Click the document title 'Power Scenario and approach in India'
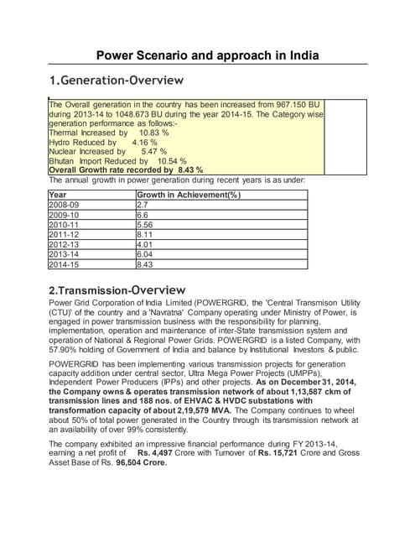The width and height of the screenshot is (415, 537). pyautogui.click(x=207, y=56)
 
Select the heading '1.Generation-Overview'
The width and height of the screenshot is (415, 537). pyautogui.click(x=116, y=81)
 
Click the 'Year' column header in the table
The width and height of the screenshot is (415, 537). pyautogui.click(x=59, y=195)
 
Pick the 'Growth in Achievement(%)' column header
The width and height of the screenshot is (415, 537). pyautogui.click(x=188, y=195)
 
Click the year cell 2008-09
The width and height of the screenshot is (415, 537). pyautogui.click(x=66, y=204)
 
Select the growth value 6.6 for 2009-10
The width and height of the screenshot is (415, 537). pyautogui.click(x=143, y=215)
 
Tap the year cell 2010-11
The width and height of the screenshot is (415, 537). pyautogui.click(x=66, y=226)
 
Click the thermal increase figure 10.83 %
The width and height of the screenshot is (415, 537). pyautogui.click(x=153, y=133)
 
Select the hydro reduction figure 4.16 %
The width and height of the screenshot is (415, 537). pyautogui.click(x=144, y=142)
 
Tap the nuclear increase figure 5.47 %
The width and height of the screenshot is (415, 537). pyautogui.click(x=153, y=151)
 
